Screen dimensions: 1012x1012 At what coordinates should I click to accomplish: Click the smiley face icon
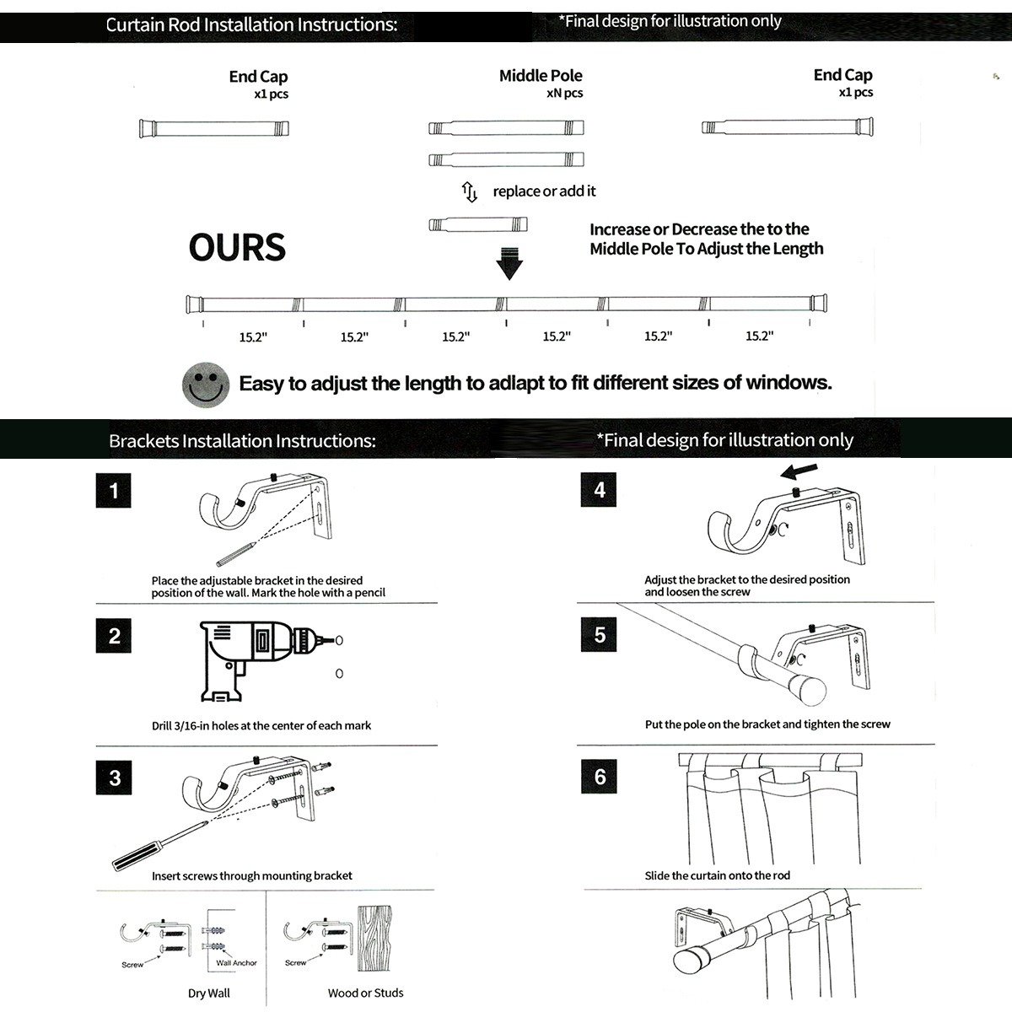[x=206, y=385]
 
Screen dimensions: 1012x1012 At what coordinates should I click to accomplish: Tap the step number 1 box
[x=114, y=490]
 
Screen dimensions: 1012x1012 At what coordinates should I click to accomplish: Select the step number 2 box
[x=114, y=636]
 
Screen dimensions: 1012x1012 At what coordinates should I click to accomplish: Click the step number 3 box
[x=114, y=777]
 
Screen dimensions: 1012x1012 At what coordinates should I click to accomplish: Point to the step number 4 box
[x=600, y=490]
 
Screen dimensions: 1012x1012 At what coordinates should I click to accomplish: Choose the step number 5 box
[x=600, y=634]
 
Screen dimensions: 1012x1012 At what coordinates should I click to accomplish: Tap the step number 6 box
[x=600, y=776]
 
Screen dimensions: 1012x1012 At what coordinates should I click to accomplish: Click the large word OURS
[x=237, y=247]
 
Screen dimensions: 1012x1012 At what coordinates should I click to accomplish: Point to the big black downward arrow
[x=509, y=264]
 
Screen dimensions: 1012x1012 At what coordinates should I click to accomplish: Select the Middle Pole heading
[x=541, y=76]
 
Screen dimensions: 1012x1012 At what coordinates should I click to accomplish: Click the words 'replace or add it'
[x=544, y=191]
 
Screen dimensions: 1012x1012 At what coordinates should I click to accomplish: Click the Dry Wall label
[x=209, y=993]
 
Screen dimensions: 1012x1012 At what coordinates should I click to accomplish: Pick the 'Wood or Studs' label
[x=365, y=993]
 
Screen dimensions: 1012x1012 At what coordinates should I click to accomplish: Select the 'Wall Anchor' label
[x=236, y=962]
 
